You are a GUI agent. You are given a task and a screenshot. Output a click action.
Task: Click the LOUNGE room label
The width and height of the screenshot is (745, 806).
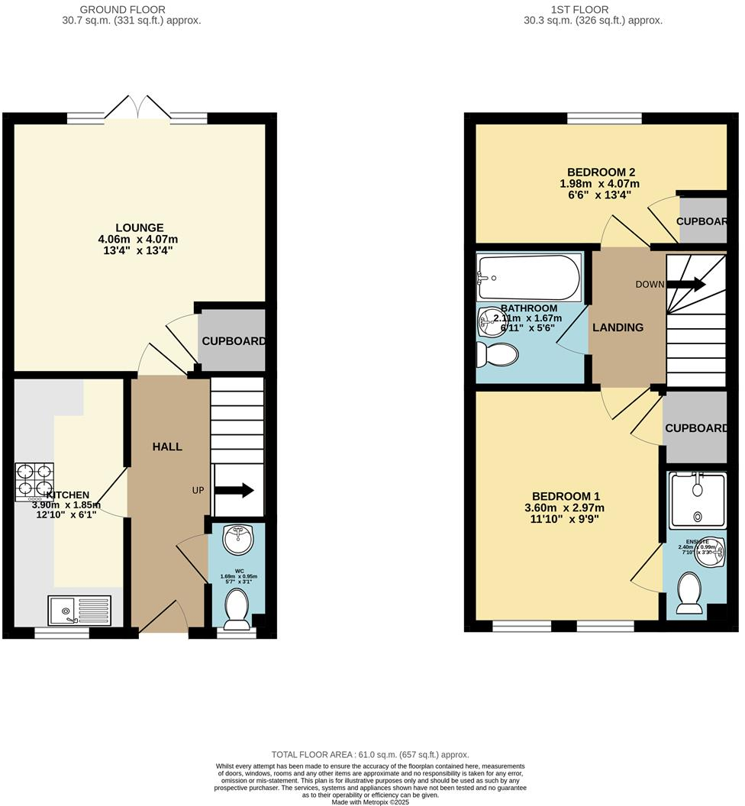[140, 227]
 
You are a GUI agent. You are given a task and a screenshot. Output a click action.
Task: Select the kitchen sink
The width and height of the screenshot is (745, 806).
[79, 610]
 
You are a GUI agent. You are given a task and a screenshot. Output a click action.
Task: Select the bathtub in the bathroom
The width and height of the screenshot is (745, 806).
[528, 278]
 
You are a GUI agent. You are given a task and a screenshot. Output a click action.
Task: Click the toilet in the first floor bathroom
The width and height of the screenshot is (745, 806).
[497, 355]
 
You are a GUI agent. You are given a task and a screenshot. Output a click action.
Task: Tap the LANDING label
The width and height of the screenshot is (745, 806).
[619, 327]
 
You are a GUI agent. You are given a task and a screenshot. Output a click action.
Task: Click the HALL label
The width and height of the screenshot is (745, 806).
[166, 447]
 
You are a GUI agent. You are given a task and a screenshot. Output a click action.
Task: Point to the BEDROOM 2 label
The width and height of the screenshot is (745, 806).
[601, 172]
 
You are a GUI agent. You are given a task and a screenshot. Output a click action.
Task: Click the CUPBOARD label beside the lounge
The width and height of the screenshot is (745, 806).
[234, 341]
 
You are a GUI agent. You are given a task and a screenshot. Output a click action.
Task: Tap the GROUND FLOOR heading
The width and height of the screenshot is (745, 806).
[131, 9]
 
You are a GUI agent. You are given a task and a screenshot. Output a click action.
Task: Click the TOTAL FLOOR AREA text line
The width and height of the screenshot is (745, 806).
[370, 755]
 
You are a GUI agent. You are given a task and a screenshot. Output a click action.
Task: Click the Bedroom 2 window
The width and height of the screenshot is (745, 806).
[604, 118]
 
